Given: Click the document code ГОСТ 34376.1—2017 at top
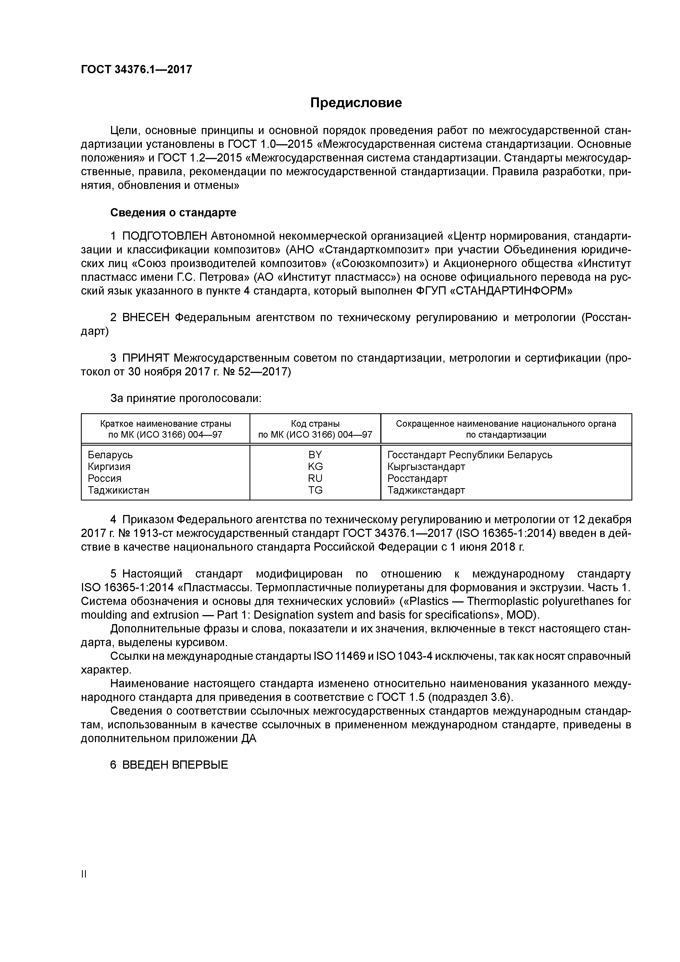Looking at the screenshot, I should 137,69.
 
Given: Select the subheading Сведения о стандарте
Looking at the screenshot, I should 173,213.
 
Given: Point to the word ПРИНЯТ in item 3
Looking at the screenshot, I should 146,358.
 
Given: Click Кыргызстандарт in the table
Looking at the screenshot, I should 426,467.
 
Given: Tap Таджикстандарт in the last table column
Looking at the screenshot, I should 426,490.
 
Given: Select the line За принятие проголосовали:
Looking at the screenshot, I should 186,398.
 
